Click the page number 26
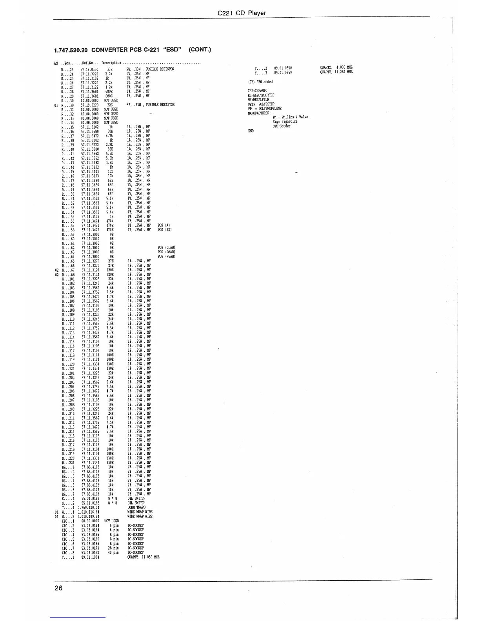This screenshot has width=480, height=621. (x=58, y=588)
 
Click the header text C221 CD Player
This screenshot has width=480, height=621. (x=242, y=13)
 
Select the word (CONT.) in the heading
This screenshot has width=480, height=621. (x=200, y=50)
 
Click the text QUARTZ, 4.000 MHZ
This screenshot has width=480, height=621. (x=336, y=68)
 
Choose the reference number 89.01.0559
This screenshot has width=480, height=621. (x=283, y=73)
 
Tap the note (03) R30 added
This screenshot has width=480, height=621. (x=260, y=82)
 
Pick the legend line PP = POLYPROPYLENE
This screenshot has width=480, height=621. (x=265, y=108)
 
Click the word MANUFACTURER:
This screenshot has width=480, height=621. (x=259, y=113)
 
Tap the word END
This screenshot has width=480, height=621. (x=251, y=131)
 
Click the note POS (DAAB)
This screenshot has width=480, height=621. (x=166, y=252)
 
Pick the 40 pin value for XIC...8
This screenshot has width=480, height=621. (x=113, y=552)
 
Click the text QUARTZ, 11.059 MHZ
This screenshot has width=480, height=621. (x=144, y=557)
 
